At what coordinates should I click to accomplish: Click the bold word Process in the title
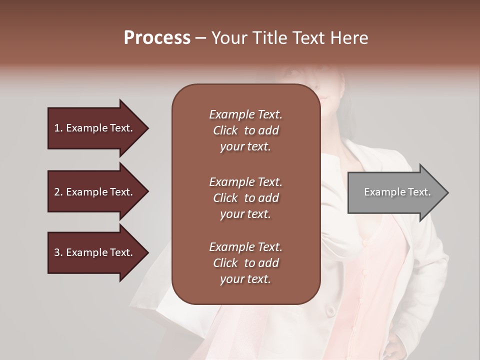coord(157,37)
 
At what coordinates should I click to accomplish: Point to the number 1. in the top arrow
coord(58,128)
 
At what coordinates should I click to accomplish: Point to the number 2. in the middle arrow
coord(58,192)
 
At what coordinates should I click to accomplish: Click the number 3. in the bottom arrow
coord(58,252)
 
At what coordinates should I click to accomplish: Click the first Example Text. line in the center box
coord(245,114)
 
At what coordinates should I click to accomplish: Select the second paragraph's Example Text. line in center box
coord(245,182)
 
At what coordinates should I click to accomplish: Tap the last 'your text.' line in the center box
coord(245,279)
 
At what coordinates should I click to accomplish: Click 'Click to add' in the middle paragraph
coord(245,198)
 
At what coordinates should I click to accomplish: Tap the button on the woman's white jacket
coord(330,311)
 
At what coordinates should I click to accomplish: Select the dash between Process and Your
coord(200,38)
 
